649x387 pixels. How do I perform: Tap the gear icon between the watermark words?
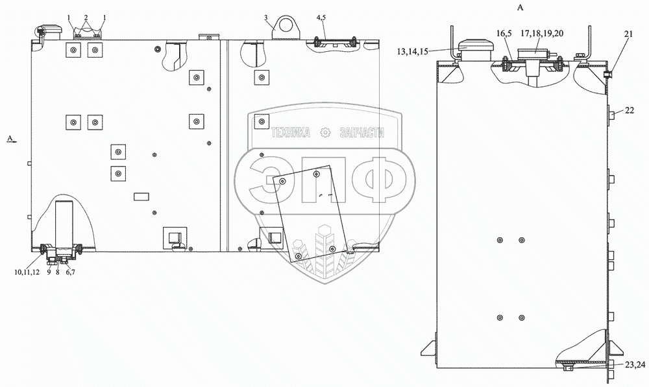click(326, 132)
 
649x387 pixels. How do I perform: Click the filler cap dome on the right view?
click(476, 47)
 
